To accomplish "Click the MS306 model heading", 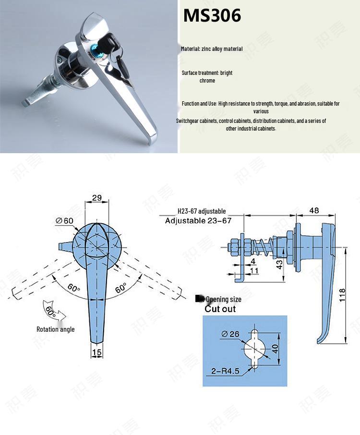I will pos(212,16).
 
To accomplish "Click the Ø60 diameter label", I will pos(65,220).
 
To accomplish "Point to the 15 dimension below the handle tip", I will pos(97,353).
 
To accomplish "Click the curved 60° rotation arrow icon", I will pos(51,311).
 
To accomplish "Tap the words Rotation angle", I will pos(55,329).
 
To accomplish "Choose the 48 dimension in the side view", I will pos(314,210).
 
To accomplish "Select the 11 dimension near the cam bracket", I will pos(254,271).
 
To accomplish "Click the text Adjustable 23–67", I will pos(198,221).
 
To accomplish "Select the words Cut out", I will pos(220,309).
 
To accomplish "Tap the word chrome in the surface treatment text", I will pos(207,81).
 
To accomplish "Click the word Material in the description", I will pos(190,49).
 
